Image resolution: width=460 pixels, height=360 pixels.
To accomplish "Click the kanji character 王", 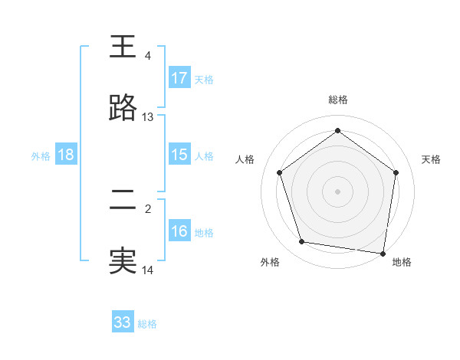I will click(x=123, y=47).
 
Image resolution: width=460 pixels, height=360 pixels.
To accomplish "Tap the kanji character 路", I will click(x=123, y=109).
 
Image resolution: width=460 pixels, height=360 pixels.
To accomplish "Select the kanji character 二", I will click(x=123, y=201).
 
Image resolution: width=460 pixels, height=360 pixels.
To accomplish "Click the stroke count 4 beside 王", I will click(x=147, y=56).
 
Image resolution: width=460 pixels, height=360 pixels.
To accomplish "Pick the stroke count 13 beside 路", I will click(x=148, y=117).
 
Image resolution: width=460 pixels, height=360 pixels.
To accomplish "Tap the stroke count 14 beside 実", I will click(x=148, y=270).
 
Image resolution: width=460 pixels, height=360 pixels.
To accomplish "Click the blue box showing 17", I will click(x=179, y=78).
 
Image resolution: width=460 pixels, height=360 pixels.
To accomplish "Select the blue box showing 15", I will click(x=179, y=155).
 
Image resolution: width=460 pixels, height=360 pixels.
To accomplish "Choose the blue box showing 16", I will click(x=179, y=231).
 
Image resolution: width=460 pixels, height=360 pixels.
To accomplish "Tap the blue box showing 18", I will click(x=66, y=155).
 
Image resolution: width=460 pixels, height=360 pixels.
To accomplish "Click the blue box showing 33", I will click(x=123, y=322).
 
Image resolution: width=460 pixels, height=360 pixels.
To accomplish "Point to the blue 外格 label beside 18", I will click(x=41, y=155).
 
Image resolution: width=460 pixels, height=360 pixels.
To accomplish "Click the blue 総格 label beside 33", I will click(x=147, y=324).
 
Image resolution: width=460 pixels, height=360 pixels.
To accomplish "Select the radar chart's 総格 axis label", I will click(x=337, y=100).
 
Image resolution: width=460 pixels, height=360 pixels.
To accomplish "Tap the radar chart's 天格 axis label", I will click(x=431, y=159).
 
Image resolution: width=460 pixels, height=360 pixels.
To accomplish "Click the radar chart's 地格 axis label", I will click(x=402, y=262).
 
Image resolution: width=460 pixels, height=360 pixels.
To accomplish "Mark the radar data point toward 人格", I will click(x=279, y=173).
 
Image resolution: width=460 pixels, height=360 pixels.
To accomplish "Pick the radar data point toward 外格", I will click(x=302, y=242).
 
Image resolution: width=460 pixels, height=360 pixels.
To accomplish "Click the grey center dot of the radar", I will click(x=337, y=191).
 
